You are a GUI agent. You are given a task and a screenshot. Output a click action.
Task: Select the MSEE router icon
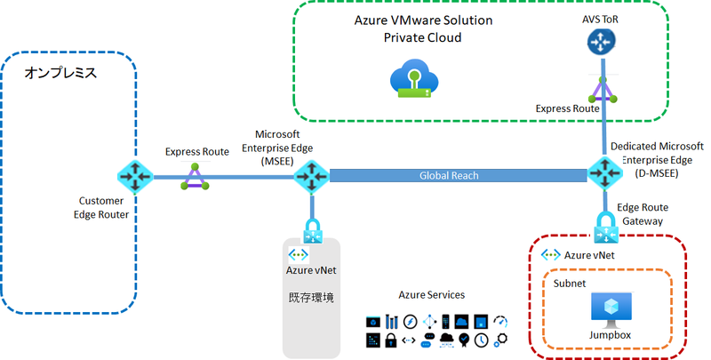coord(312,177)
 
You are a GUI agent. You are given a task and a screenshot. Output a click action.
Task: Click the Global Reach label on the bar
coord(449,176)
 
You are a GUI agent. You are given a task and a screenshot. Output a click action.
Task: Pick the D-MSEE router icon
coord(604,173)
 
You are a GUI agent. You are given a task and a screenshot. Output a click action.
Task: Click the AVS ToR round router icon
coord(603,41)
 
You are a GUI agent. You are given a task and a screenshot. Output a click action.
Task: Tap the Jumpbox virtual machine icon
coord(610,308)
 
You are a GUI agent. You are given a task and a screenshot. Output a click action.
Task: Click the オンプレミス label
coord(60,73)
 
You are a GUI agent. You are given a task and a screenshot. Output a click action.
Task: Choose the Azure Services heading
coord(430,294)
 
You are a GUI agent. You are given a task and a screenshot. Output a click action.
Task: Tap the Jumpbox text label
coord(610,335)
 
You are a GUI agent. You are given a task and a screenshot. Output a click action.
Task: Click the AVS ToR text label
coord(603,16)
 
